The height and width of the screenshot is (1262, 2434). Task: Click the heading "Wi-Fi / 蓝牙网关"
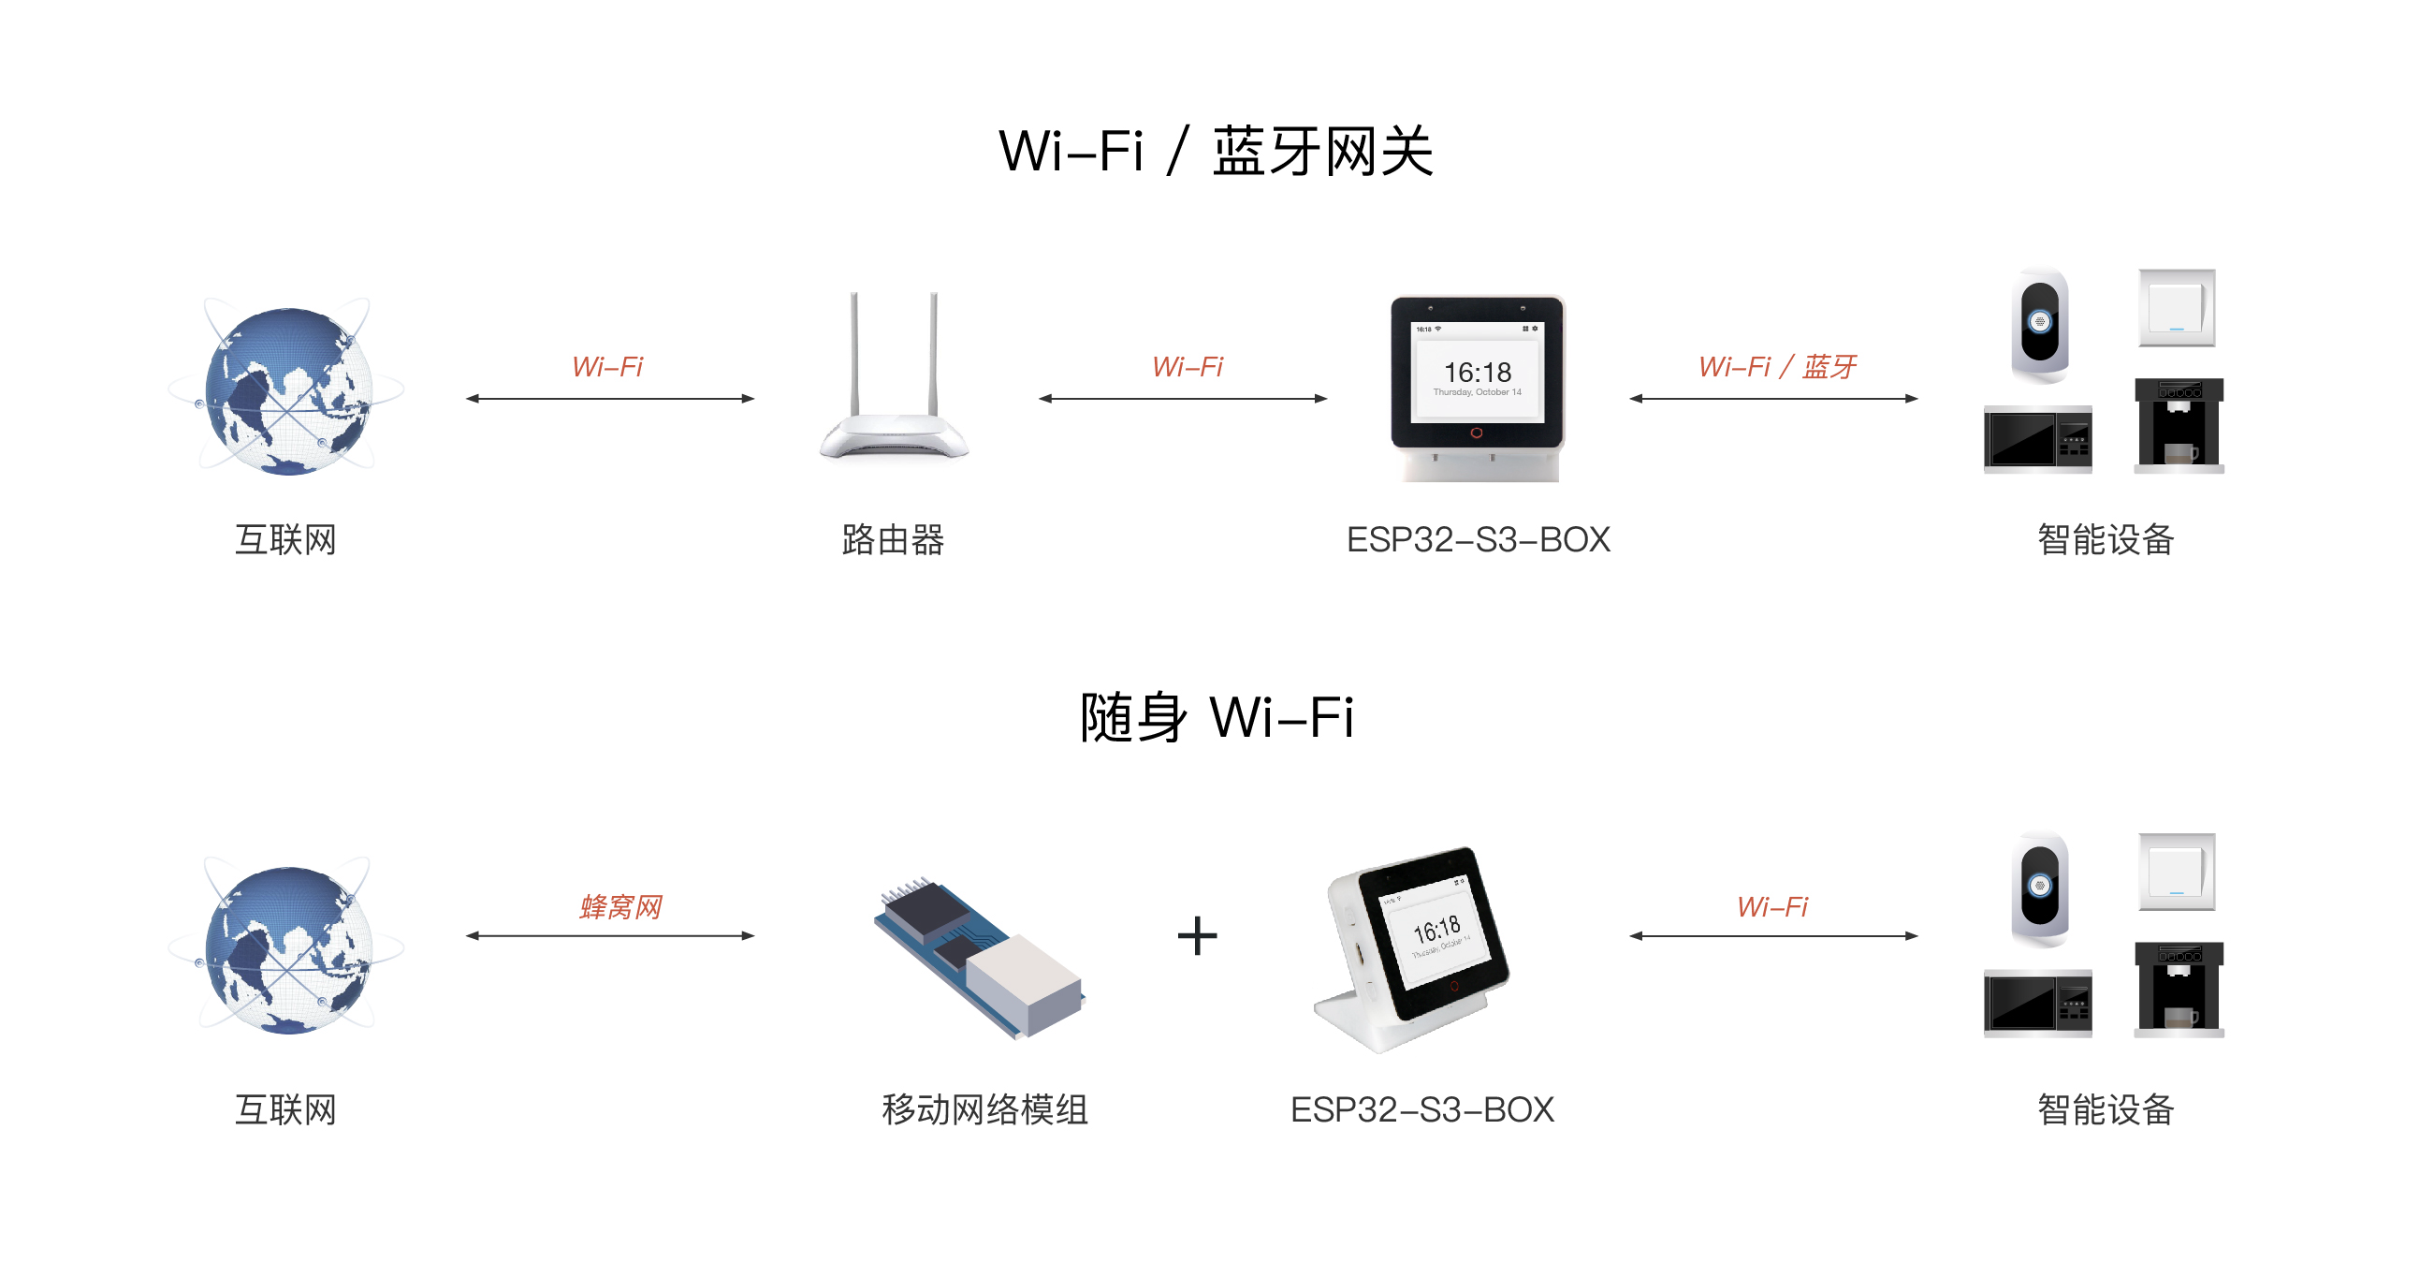[1216, 152]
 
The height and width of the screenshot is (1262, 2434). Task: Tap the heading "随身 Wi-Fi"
[1216, 716]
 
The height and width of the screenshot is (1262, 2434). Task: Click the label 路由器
[893, 540]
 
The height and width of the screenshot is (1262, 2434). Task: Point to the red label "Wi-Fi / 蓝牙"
[1776, 366]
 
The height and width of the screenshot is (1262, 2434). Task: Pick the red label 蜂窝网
[619, 906]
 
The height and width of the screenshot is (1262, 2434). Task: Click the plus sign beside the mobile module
[1197, 936]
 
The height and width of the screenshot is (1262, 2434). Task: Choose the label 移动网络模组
[984, 1108]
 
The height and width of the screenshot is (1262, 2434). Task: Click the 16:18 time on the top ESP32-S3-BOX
[1477, 372]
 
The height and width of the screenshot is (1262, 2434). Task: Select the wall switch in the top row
[2176, 308]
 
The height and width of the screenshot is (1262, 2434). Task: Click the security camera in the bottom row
[2040, 888]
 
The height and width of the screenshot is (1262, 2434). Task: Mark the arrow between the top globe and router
[609, 399]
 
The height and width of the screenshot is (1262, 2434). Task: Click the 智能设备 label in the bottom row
[2106, 1108]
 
